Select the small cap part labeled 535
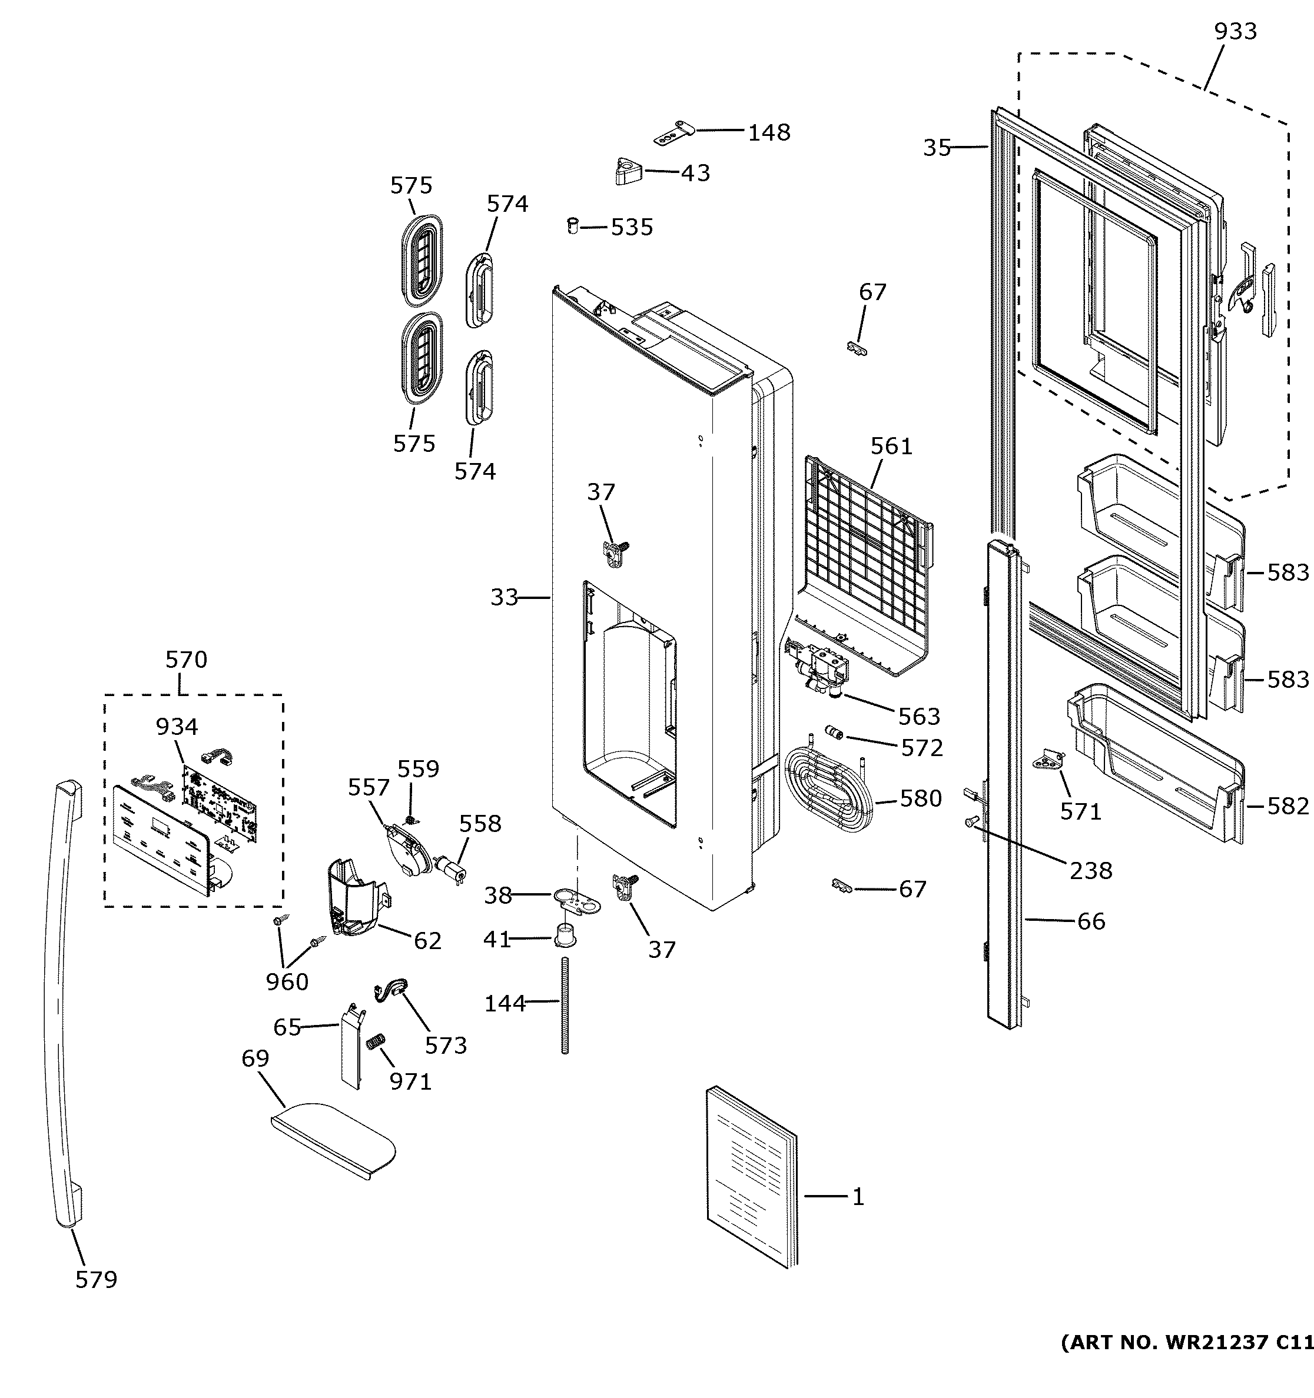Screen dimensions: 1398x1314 click(573, 227)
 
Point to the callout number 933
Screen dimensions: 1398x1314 click(1235, 32)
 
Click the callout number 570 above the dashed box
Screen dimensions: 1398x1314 click(187, 660)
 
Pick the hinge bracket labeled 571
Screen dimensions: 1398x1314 click(1050, 761)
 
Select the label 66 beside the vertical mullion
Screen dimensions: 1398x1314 click(1090, 921)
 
